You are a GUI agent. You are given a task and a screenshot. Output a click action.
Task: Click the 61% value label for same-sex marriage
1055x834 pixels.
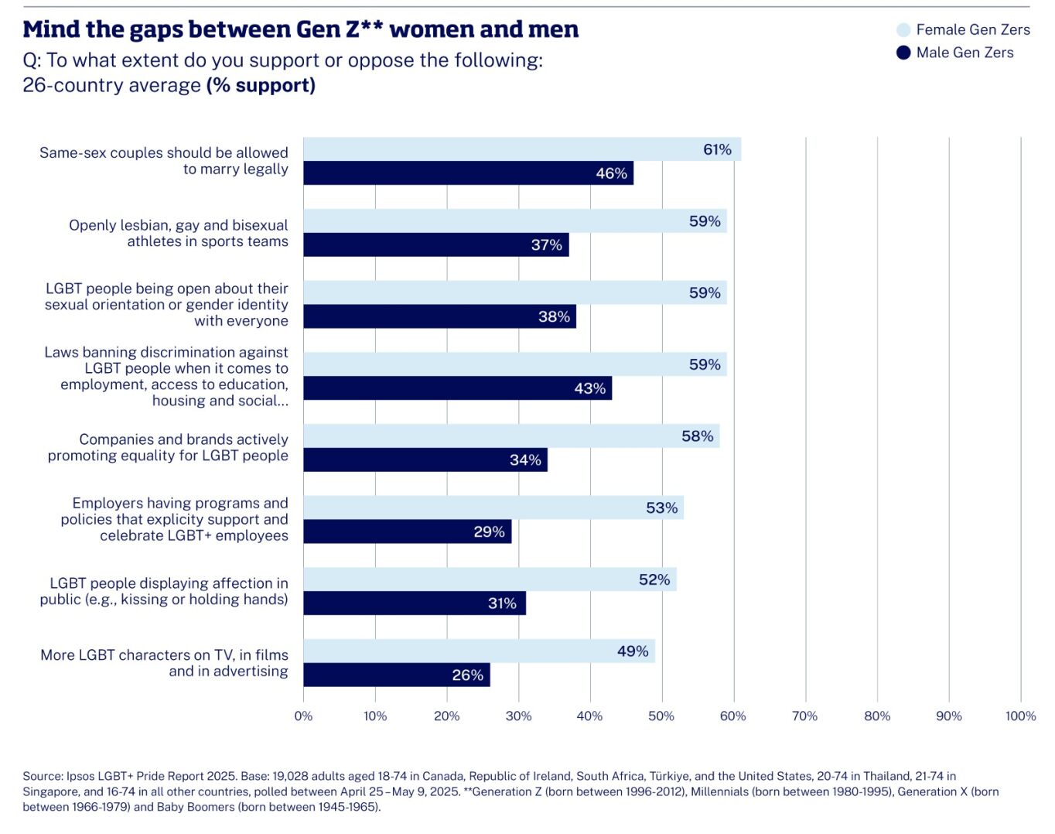pyautogui.click(x=717, y=149)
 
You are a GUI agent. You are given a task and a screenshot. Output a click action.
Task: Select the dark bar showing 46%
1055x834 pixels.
pyautogui.click(x=467, y=173)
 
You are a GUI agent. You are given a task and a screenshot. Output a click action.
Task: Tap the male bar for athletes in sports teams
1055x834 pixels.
pyautogui.click(x=435, y=245)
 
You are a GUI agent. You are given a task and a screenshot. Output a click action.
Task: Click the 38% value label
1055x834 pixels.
pyautogui.click(x=554, y=316)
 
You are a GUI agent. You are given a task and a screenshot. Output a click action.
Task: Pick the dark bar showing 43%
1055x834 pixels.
pyautogui.click(x=456, y=388)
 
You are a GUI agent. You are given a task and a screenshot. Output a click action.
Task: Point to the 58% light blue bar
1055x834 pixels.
pyautogui.click(x=510, y=436)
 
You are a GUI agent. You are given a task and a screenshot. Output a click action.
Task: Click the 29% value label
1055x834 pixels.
pyautogui.click(x=489, y=532)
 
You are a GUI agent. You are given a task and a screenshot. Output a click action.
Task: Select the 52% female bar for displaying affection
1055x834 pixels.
pyautogui.click(x=489, y=579)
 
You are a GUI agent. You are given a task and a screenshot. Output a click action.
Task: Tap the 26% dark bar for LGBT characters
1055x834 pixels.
pyautogui.click(x=396, y=675)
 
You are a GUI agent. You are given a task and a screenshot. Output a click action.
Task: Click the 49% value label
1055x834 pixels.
pyautogui.click(x=633, y=651)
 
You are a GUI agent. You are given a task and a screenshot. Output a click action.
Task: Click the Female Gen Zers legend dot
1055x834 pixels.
pyautogui.click(x=903, y=30)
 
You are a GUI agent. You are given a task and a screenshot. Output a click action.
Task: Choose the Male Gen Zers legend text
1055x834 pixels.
pyautogui.click(x=965, y=53)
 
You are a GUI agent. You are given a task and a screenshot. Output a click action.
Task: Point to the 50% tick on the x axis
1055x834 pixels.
pyautogui.click(x=661, y=716)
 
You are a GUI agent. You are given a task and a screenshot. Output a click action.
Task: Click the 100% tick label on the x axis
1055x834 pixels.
pyautogui.click(x=1020, y=716)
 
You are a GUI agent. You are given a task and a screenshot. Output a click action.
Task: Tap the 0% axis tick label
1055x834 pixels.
pyautogui.click(x=303, y=716)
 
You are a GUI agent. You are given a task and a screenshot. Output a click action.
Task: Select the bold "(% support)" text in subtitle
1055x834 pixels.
pyautogui.click(x=261, y=85)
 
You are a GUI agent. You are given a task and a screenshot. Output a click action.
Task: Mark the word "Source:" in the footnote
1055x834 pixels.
pyautogui.click(x=43, y=776)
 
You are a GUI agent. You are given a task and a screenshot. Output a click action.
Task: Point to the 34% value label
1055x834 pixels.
pyautogui.click(x=525, y=460)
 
